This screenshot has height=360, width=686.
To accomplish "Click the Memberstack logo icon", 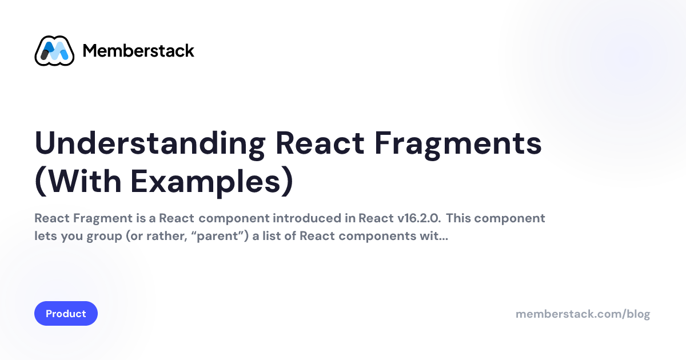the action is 54,50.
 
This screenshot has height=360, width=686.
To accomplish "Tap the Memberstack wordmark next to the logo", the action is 138,50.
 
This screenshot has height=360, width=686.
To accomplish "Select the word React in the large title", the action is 320,143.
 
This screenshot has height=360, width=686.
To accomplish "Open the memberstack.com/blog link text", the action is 583,314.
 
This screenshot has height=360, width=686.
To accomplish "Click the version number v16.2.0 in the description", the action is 419,218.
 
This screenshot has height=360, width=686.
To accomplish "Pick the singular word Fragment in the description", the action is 102,219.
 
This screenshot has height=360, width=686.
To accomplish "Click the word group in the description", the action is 104,237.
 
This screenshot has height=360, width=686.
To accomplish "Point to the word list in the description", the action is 272,235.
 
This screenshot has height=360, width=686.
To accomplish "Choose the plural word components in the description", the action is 377,237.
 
